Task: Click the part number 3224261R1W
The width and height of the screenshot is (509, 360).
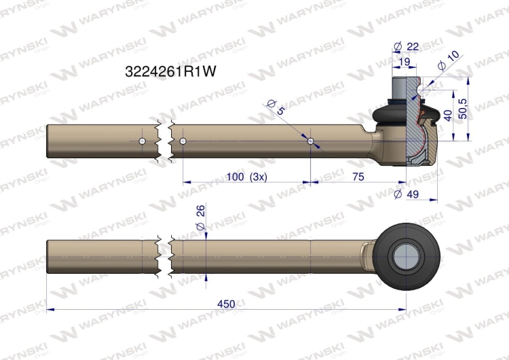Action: [170, 71]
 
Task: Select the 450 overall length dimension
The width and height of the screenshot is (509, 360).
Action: [226, 304]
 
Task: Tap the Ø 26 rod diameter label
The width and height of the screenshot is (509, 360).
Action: [201, 217]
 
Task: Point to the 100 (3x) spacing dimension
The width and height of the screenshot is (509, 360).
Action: [247, 177]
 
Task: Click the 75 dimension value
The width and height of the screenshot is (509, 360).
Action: [358, 177]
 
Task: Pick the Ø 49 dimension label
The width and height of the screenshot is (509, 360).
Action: [406, 194]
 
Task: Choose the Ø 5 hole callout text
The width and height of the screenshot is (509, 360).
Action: [276, 107]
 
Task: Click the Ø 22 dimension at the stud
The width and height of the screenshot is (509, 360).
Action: [406, 47]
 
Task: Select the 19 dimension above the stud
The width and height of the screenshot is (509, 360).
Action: [404, 62]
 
